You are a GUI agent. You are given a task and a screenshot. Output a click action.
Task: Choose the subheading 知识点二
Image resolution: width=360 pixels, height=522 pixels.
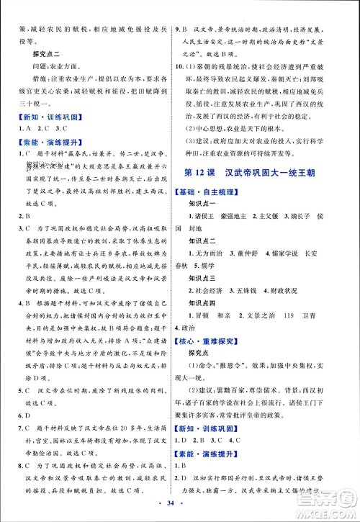(212, 242)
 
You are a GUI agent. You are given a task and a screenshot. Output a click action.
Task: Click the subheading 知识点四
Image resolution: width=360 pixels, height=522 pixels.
(212, 318)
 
